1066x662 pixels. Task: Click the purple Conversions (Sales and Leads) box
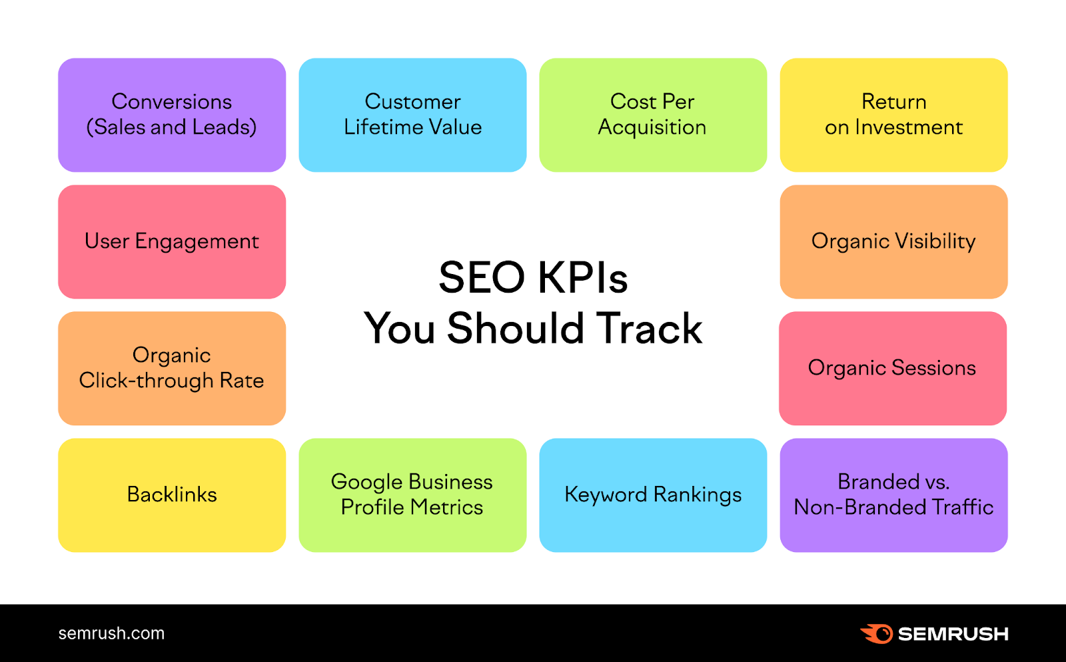pos(172,115)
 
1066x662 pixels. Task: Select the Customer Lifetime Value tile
pos(412,115)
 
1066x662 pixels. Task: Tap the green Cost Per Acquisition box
pos(653,115)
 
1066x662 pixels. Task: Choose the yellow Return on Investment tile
pos(893,115)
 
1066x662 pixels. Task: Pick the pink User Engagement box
pos(172,241)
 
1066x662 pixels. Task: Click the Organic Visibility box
pos(893,241)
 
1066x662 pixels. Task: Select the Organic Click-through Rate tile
pos(172,368)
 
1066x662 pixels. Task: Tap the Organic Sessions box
pos(893,368)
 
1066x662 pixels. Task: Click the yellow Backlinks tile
pos(172,495)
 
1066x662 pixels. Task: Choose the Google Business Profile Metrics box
pos(412,495)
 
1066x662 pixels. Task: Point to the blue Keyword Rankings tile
pos(653,495)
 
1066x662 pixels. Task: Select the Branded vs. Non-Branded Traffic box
pos(893,495)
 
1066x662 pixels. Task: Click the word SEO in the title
pos(482,277)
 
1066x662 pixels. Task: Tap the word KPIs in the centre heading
pos(582,277)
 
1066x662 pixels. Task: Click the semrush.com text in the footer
pos(111,633)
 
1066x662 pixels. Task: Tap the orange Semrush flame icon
pos(876,633)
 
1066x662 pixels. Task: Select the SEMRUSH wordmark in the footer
pos(953,634)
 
